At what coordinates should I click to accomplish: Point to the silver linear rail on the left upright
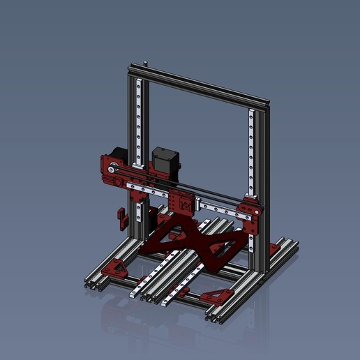142,119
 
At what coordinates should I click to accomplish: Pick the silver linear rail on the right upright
251,153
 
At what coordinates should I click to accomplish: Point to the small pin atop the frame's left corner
146,63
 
